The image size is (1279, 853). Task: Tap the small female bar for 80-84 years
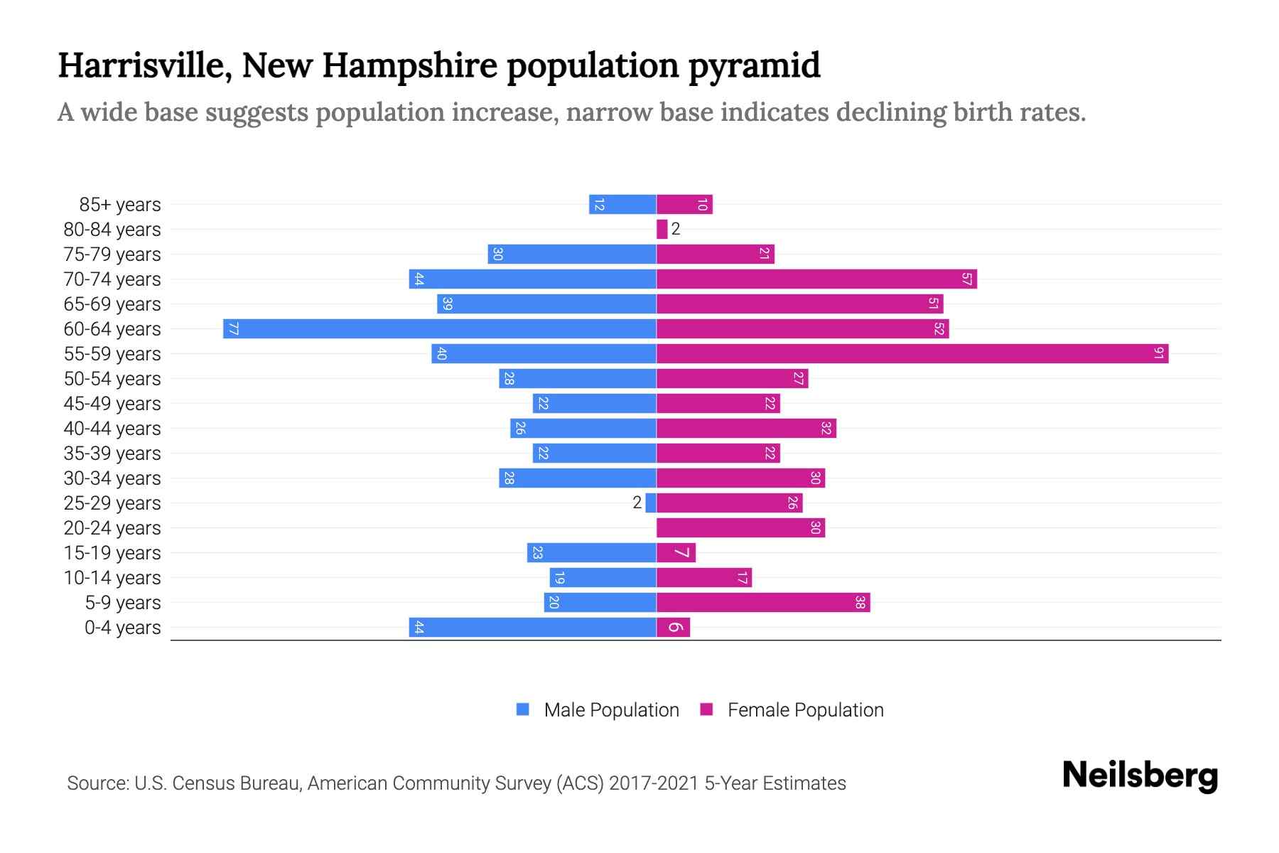662,229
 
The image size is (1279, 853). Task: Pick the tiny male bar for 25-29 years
650,503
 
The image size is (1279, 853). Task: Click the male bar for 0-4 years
532,627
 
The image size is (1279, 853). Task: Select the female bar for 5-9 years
763,602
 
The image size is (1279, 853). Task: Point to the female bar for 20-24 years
740,527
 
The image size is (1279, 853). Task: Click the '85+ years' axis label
119,205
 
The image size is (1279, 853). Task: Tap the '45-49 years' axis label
112,404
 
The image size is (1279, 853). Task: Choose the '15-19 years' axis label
112,553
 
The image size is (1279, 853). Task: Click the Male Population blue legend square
523,709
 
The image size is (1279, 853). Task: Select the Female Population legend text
805,710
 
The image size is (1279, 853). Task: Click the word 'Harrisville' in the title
145,66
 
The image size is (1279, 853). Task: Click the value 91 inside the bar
1158,353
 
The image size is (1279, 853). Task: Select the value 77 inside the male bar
233,328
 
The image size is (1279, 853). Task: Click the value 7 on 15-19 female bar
681,552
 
